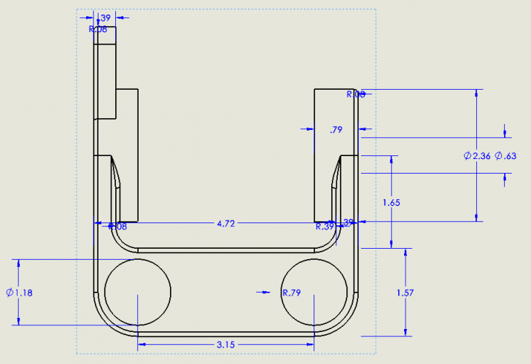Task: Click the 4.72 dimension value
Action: click(225, 224)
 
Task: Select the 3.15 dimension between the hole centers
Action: click(225, 344)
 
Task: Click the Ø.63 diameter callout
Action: click(505, 156)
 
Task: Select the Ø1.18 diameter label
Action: click(20, 293)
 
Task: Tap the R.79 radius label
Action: click(292, 293)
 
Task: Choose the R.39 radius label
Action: click(325, 227)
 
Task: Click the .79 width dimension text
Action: click(336, 130)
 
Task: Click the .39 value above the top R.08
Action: click(104, 18)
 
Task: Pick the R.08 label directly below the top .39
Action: click(98, 29)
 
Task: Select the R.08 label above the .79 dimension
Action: click(355, 94)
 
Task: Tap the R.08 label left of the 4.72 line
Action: click(118, 227)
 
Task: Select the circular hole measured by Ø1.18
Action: click(137, 292)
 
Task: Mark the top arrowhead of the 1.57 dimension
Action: click(405, 252)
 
